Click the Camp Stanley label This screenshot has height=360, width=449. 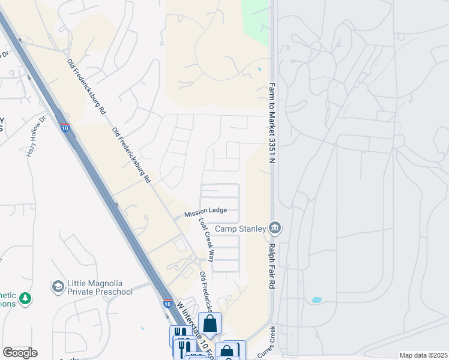[241, 229]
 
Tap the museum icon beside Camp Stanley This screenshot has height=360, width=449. [276, 228]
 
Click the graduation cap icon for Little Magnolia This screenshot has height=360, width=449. [58, 286]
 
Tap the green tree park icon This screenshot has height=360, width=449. [25, 298]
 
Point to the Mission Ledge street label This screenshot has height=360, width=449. [205, 211]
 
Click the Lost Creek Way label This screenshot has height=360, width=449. [206, 239]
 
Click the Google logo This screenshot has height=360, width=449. [20, 353]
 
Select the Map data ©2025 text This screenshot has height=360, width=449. [423, 355]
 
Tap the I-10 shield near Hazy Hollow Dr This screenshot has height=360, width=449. [65, 128]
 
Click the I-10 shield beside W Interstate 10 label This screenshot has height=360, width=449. [167, 304]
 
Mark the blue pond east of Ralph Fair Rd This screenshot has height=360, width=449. [317, 299]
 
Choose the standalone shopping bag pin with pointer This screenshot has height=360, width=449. [210, 324]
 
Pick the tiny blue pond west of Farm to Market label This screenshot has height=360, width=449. [259, 70]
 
